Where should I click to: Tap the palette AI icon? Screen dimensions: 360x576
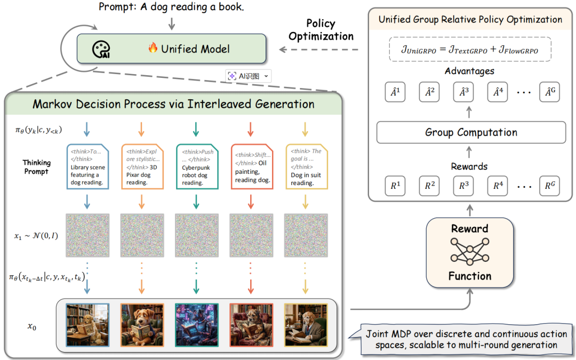click(101, 50)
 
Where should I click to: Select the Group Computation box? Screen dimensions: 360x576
click(471, 132)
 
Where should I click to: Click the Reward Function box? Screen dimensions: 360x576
click(469, 252)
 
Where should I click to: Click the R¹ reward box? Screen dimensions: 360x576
click(395, 186)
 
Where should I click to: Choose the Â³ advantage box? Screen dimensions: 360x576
click(463, 92)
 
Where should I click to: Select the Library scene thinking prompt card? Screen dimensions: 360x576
click(87, 166)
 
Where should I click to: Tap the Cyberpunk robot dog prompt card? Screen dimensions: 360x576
click(196, 166)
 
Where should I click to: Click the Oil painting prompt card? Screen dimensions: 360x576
click(251, 166)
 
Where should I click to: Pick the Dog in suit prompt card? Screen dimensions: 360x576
click(306, 166)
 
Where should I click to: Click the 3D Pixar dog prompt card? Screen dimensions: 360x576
click(142, 166)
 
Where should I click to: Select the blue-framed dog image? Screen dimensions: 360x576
click(87, 325)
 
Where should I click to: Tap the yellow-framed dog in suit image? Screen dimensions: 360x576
click(306, 325)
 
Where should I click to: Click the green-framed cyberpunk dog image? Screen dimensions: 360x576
click(196, 325)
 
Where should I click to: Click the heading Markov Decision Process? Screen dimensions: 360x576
click(173, 103)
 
